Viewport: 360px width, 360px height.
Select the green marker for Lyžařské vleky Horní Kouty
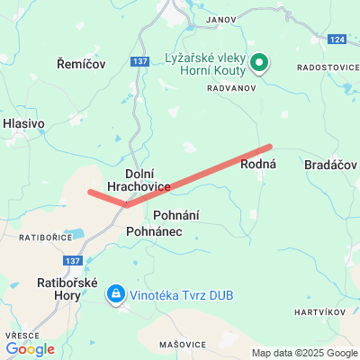tap(259, 62)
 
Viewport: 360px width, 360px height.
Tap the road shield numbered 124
tap(337, 40)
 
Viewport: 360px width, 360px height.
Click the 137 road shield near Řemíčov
tap(139, 61)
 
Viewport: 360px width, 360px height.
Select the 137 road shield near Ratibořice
tap(73, 260)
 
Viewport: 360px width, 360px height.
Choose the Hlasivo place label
tap(23, 123)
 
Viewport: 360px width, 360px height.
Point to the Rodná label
tap(257, 164)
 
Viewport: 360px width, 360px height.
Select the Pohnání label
tap(176, 215)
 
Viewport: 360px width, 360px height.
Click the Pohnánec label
tap(155, 231)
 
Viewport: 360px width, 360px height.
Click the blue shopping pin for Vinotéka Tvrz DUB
tap(116, 293)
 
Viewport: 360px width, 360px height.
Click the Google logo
tap(30, 349)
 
